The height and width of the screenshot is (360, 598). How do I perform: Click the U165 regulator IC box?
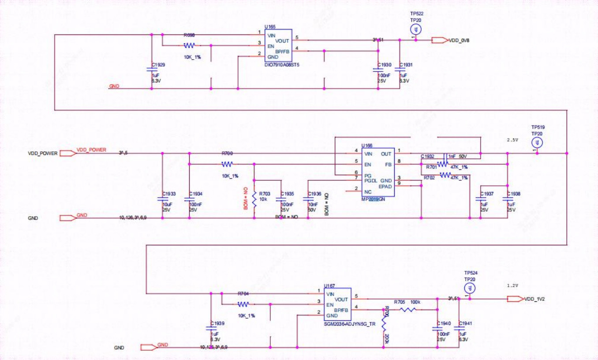[x=278, y=45]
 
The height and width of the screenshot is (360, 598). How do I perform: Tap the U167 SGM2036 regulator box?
[x=338, y=304]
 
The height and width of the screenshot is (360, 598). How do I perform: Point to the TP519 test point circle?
[x=536, y=142]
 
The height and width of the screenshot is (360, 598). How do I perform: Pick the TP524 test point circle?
[x=470, y=288]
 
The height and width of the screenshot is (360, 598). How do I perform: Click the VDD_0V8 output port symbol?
[x=439, y=40]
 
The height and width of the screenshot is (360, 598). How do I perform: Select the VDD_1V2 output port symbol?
[x=515, y=299]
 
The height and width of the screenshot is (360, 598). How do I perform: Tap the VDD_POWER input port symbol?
[x=67, y=153]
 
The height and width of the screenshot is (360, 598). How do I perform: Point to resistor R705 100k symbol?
[x=408, y=310]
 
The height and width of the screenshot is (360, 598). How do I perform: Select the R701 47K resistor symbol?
[x=445, y=164]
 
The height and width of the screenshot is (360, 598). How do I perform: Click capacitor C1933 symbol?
[x=162, y=199]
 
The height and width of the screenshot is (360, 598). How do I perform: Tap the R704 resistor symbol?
[x=243, y=304]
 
